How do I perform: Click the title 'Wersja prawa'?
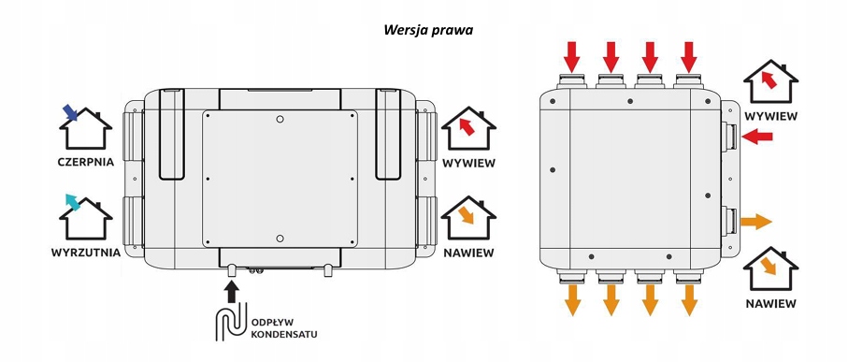click(428, 30)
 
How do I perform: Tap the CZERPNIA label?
click(86, 162)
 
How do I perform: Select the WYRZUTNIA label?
click(86, 253)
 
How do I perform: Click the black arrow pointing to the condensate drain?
click(232, 293)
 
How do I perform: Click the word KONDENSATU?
click(284, 334)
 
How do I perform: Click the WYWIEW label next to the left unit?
click(469, 163)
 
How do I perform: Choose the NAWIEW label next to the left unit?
click(469, 253)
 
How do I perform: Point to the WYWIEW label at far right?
click(770, 116)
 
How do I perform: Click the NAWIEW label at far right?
click(770, 304)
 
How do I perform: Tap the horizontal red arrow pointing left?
click(757, 137)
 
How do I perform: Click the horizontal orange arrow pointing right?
click(756, 222)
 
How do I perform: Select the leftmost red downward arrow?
click(572, 57)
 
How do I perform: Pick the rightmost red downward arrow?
click(689, 57)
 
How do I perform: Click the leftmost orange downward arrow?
click(572, 300)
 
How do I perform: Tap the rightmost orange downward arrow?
click(689, 300)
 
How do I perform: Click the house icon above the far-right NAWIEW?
click(770, 268)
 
